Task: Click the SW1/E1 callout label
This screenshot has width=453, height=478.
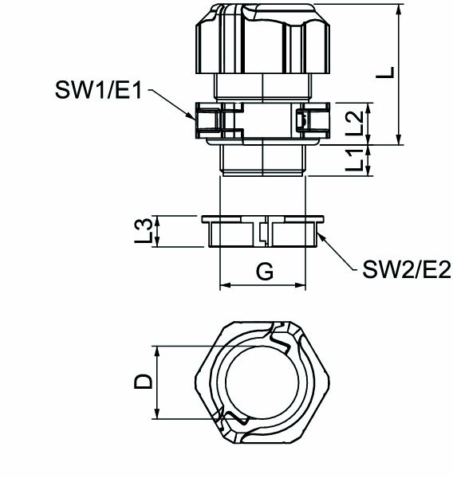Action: [x=98, y=91]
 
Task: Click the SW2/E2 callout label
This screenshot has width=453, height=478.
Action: [x=407, y=269]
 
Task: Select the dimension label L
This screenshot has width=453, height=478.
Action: [x=385, y=72]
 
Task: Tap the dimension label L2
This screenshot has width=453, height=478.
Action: [x=356, y=123]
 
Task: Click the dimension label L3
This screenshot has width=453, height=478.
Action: [x=144, y=231]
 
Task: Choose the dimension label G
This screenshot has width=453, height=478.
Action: [x=264, y=272]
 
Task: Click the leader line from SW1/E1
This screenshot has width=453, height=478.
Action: [x=170, y=103]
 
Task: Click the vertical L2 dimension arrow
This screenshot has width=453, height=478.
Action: [x=369, y=123]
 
